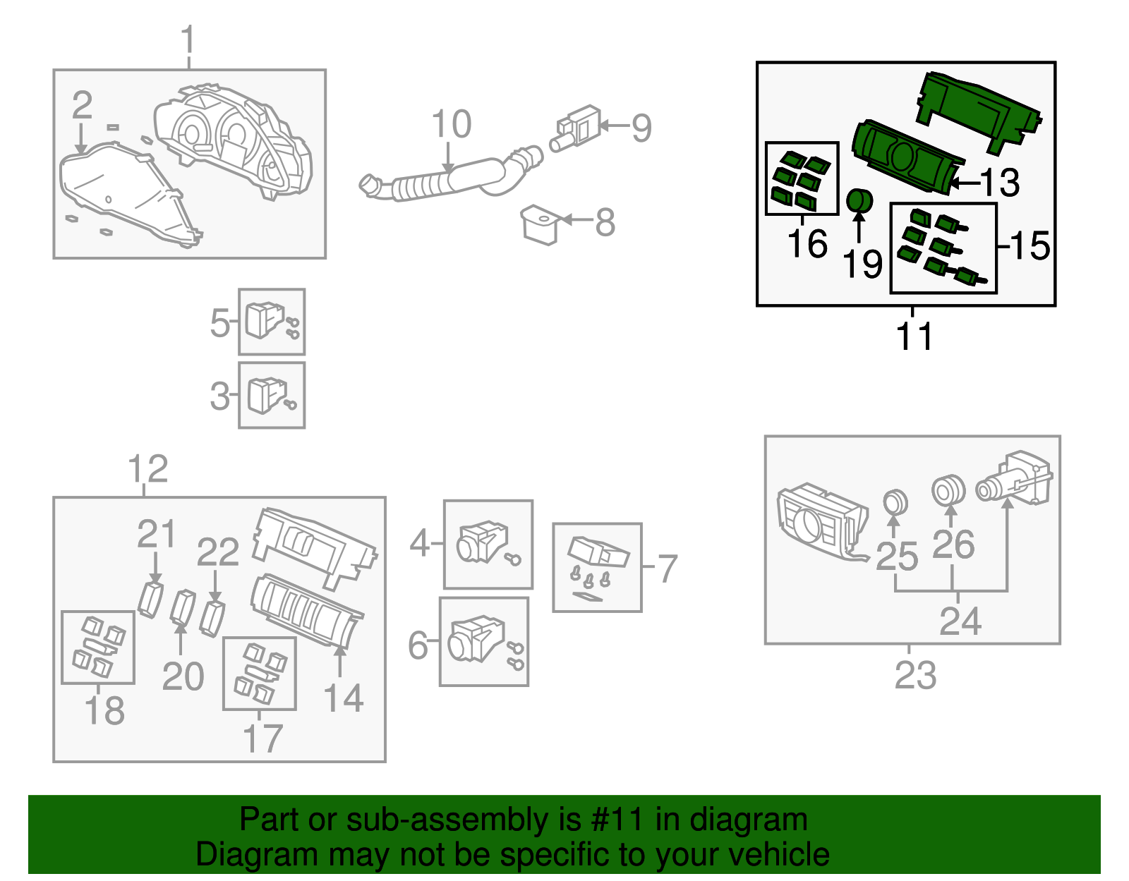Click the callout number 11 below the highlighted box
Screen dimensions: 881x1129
pos(914,336)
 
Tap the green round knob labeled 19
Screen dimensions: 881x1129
pos(859,201)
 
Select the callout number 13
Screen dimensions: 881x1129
pos(1000,183)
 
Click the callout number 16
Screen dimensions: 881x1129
pos(807,244)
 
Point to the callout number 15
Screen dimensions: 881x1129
pos(1030,246)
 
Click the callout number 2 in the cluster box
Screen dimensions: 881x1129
pos(82,106)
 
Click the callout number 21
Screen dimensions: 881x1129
pos(156,534)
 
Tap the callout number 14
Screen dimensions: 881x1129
pos(343,698)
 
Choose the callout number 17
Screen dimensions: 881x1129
pos(262,738)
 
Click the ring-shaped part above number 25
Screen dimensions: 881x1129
pos(895,502)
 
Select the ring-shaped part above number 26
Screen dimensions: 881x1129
pos(948,490)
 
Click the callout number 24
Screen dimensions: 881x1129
pos(960,621)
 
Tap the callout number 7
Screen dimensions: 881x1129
pos(667,568)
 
